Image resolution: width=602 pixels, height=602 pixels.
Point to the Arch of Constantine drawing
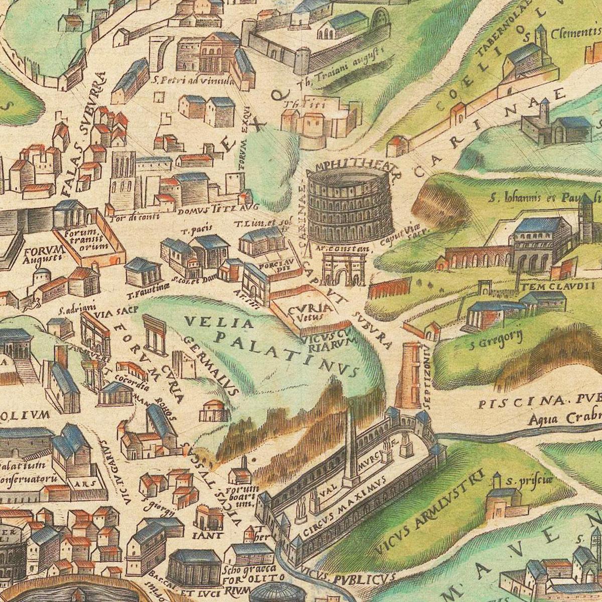pyautogui.click(x=344, y=268)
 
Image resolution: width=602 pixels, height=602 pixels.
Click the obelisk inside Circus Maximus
pyautogui.click(x=350, y=441)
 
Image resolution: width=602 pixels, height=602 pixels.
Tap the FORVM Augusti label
pyautogui.click(x=42, y=254)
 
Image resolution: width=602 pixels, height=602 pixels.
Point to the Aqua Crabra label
pyautogui.click(x=562, y=418)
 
